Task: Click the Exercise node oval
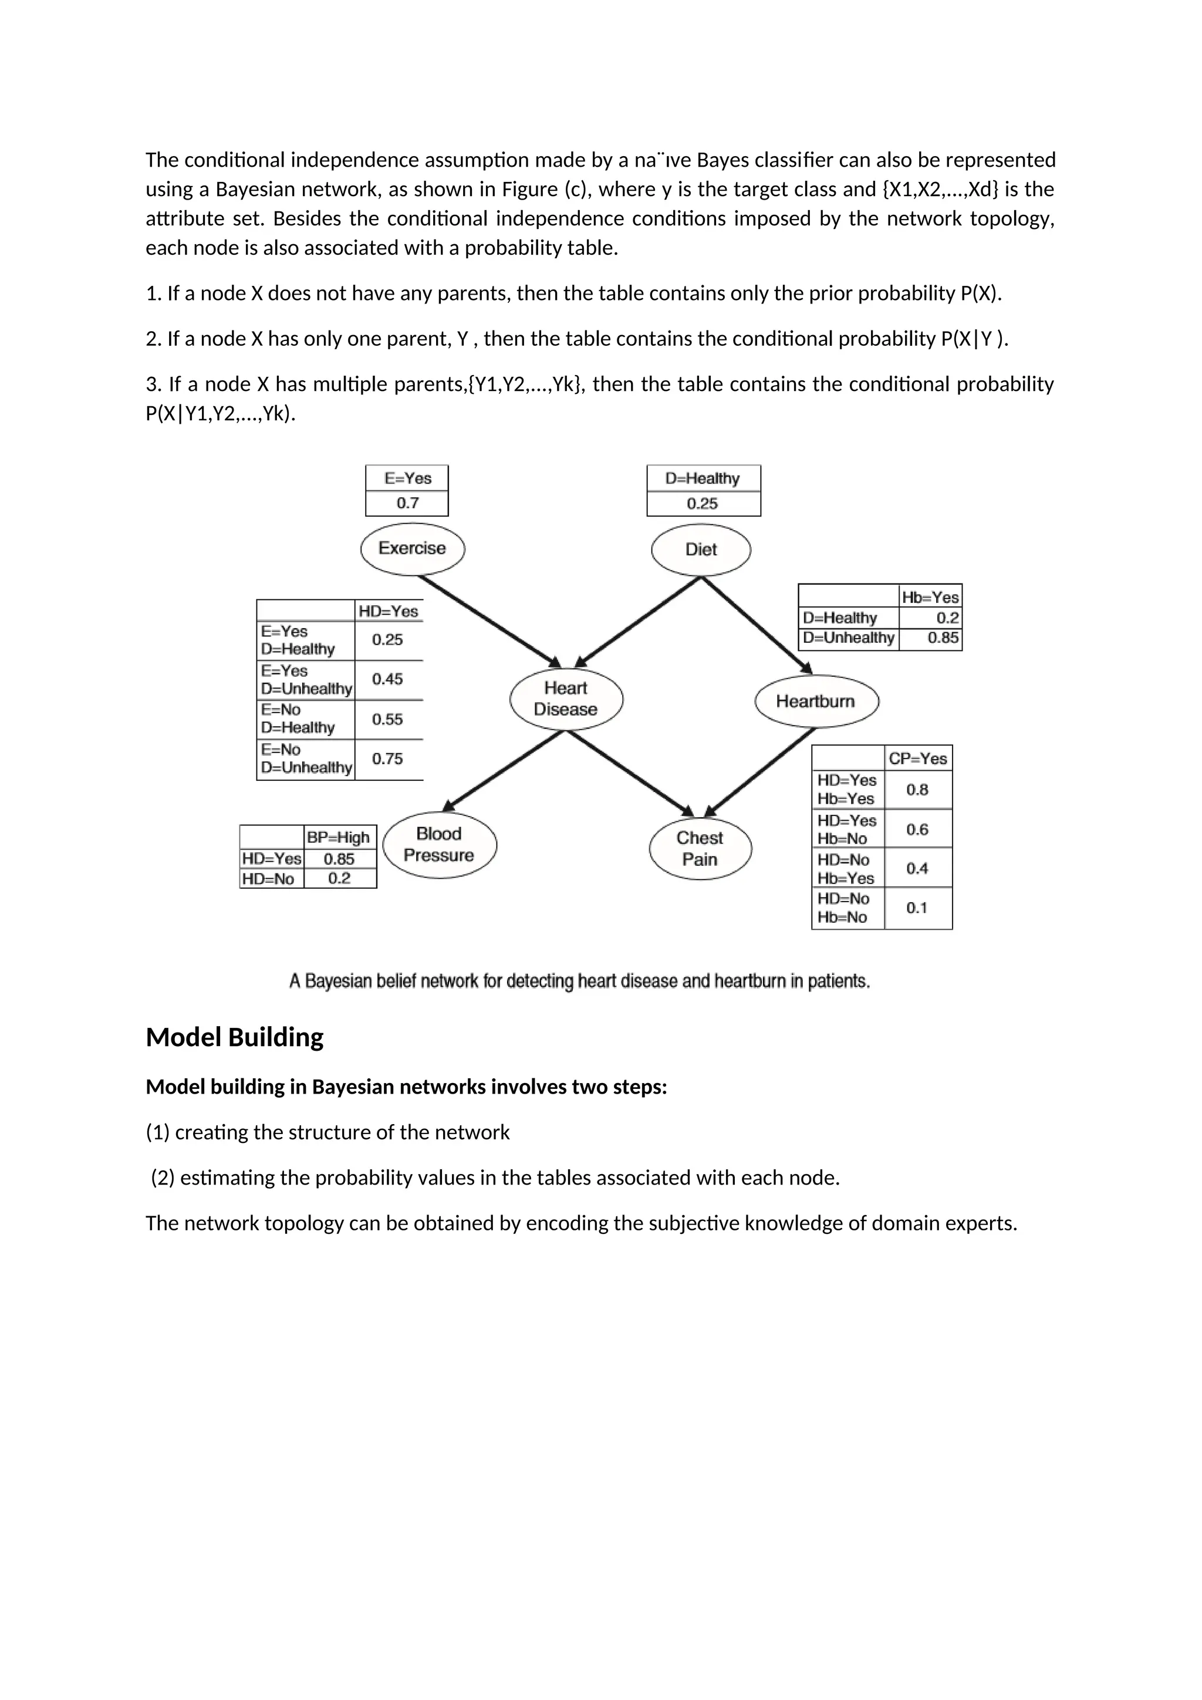(x=412, y=549)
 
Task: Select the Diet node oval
(x=701, y=549)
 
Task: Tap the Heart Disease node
(x=566, y=699)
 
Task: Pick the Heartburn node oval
(x=816, y=701)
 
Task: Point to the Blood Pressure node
(x=440, y=845)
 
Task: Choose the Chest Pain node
(x=700, y=848)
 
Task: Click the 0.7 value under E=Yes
(x=407, y=504)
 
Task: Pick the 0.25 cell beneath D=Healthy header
(x=703, y=504)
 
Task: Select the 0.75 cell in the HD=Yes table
(x=388, y=759)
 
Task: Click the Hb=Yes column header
(x=930, y=597)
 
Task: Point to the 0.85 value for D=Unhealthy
(x=943, y=638)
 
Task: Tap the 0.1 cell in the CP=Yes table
(x=917, y=908)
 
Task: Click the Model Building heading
(x=235, y=1037)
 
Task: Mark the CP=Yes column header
(x=918, y=758)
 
